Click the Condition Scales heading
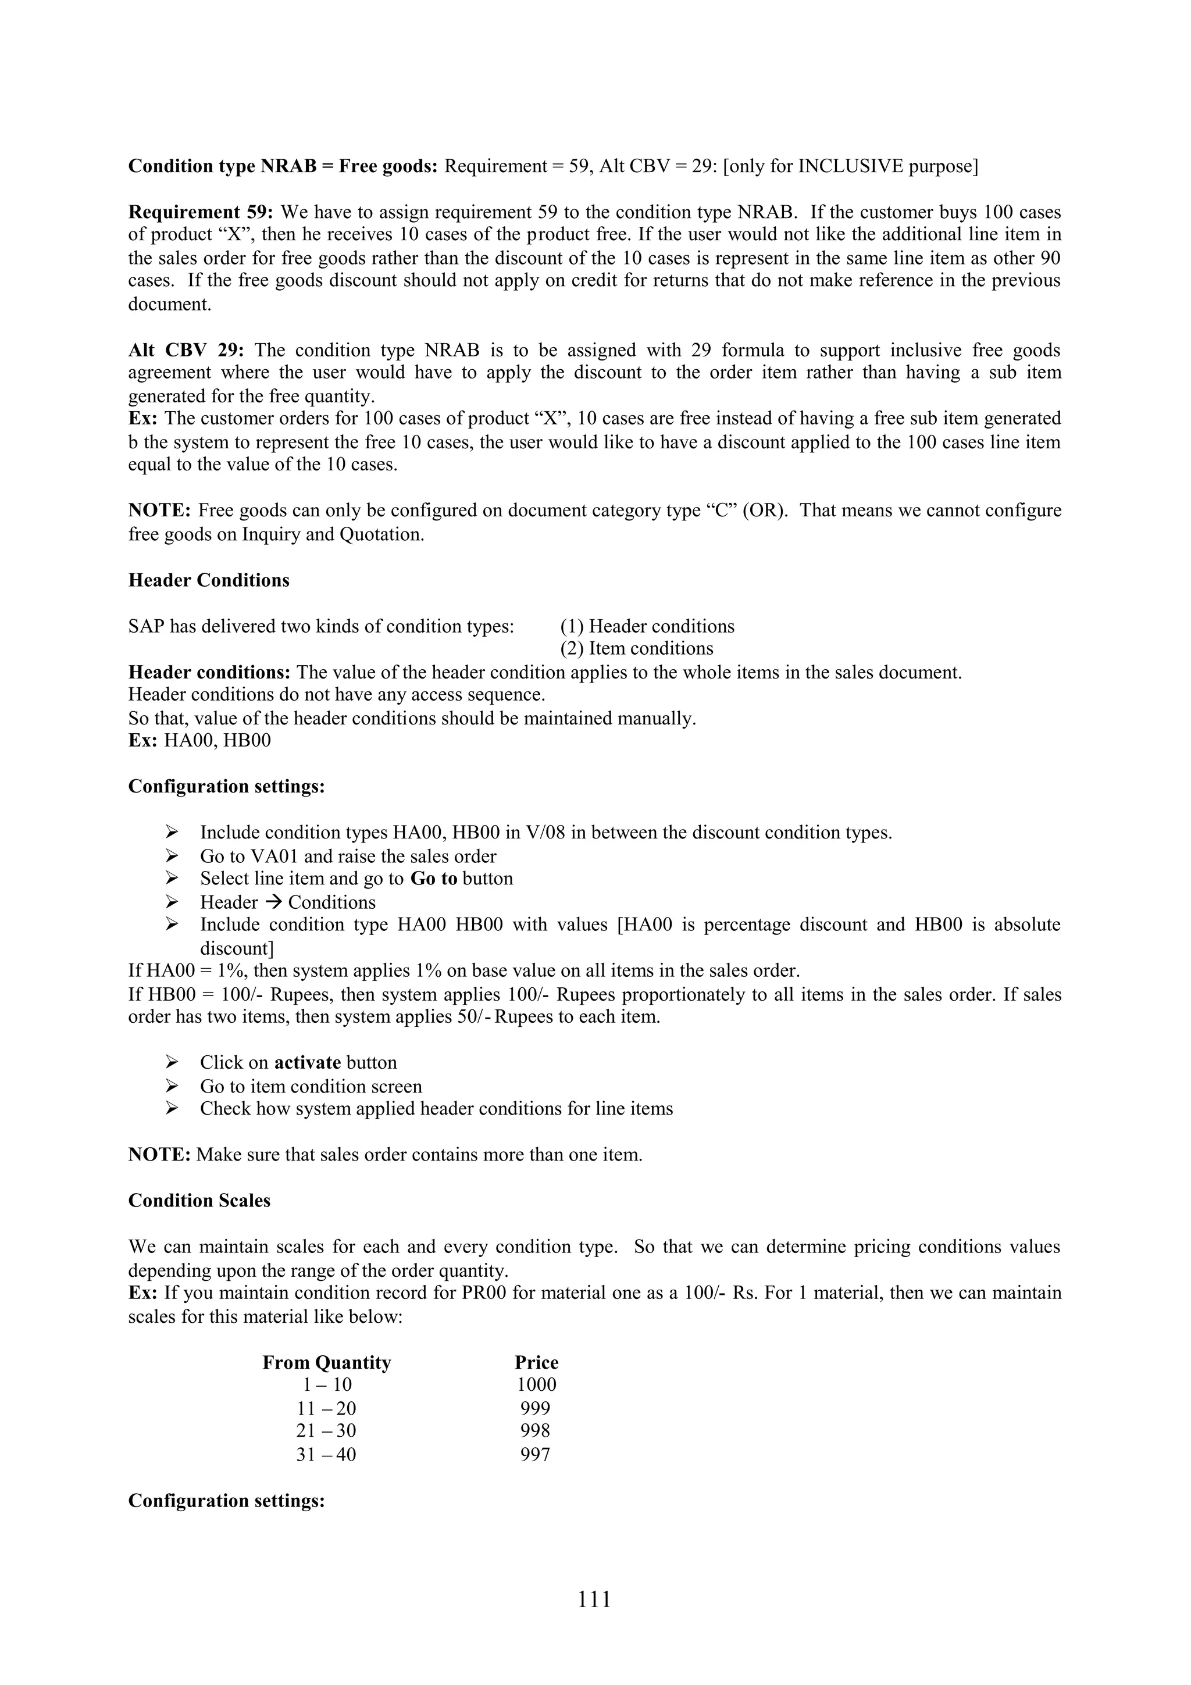[x=199, y=1201]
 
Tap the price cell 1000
[x=536, y=1385]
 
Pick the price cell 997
[x=535, y=1455]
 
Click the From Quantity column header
[x=327, y=1363]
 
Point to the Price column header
[x=536, y=1363]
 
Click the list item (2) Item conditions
[x=636, y=649]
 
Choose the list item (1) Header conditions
[x=647, y=627]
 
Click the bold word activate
[x=308, y=1063]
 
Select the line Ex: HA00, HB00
[x=199, y=741]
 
